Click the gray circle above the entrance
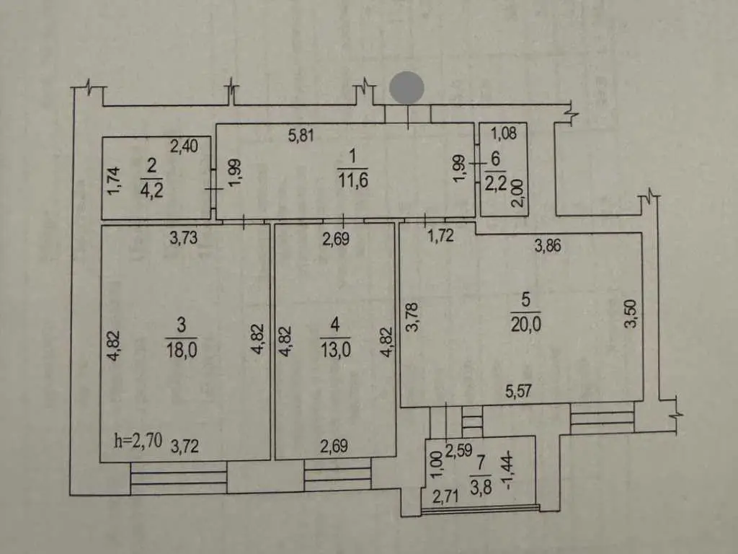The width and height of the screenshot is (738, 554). [406, 87]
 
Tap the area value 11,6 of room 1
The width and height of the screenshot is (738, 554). [353, 180]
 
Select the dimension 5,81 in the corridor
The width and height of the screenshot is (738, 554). [301, 136]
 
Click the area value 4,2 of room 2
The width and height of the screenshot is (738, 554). [151, 190]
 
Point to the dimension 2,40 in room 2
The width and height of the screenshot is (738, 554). [184, 146]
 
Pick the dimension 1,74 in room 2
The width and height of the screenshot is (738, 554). [113, 181]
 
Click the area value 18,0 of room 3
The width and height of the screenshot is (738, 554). [181, 350]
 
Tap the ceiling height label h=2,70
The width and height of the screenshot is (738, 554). [138, 441]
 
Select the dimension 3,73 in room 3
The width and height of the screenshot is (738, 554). [184, 238]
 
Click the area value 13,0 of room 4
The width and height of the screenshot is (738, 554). [335, 350]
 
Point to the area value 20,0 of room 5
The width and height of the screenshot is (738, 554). [525, 324]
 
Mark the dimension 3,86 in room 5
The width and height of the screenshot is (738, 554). [548, 245]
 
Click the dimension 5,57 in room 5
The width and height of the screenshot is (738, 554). [518, 391]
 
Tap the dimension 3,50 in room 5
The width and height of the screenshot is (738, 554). [631, 313]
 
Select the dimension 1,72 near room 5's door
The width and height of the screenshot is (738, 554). [440, 236]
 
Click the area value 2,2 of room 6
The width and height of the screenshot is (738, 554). [496, 183]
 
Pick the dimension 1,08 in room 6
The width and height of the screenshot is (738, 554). [504, 133]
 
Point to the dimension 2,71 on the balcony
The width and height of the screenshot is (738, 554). [445, 496]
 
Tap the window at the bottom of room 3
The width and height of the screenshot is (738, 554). [179, 478]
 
